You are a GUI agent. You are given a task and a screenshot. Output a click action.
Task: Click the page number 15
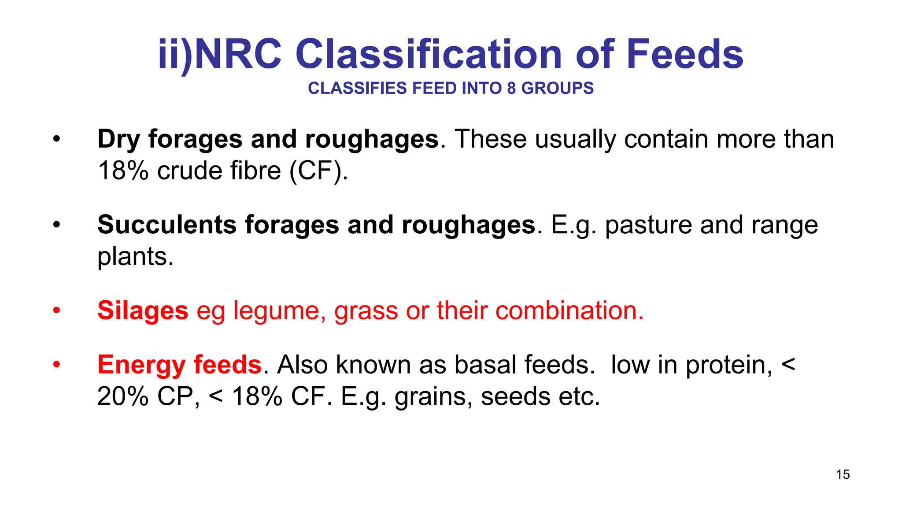click(x=843, y=474)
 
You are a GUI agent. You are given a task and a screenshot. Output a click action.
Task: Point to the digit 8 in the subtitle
click(x=511, y=88)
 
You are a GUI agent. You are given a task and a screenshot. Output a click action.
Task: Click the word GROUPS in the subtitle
click(x=557, y=88)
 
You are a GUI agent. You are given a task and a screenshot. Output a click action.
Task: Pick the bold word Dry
click(x=118, y=139)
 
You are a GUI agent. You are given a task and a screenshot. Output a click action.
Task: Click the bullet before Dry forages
click(x=56, y=139)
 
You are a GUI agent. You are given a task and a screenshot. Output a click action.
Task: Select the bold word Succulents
click(x=167, y=225)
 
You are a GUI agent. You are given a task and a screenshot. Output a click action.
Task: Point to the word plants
click(x=135, y=257)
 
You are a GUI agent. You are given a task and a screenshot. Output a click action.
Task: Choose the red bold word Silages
click(x=143, y=311)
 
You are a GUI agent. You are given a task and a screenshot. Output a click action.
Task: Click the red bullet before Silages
click(x=56, y=310)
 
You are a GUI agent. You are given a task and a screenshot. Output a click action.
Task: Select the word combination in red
click(x=569, y=310)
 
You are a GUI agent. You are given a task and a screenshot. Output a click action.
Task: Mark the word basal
click(x=484, y=365)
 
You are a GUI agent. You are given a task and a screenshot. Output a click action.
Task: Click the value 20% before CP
click(x=123, y=396)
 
